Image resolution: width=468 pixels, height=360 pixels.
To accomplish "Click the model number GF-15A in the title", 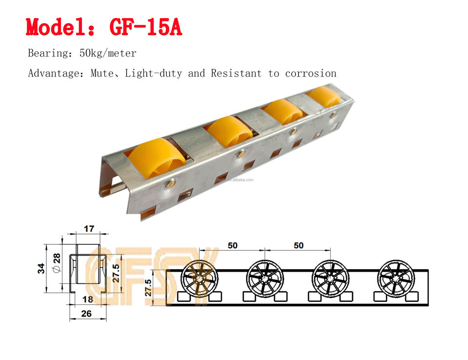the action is (146, 27).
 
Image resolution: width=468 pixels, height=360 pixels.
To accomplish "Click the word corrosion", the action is (311, 74).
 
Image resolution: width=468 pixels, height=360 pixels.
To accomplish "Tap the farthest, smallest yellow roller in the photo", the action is (324, 96).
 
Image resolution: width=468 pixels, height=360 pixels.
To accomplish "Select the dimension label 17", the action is (89, 228).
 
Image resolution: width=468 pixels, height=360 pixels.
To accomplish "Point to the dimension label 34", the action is (42, 268).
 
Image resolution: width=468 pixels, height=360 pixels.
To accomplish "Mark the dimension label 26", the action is (87, 314).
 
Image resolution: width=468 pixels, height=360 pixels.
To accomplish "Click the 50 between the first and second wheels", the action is (232, 245).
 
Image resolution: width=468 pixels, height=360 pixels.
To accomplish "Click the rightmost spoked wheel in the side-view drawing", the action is (396, 277).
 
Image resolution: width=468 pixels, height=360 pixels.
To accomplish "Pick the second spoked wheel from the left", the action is (264, 277).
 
